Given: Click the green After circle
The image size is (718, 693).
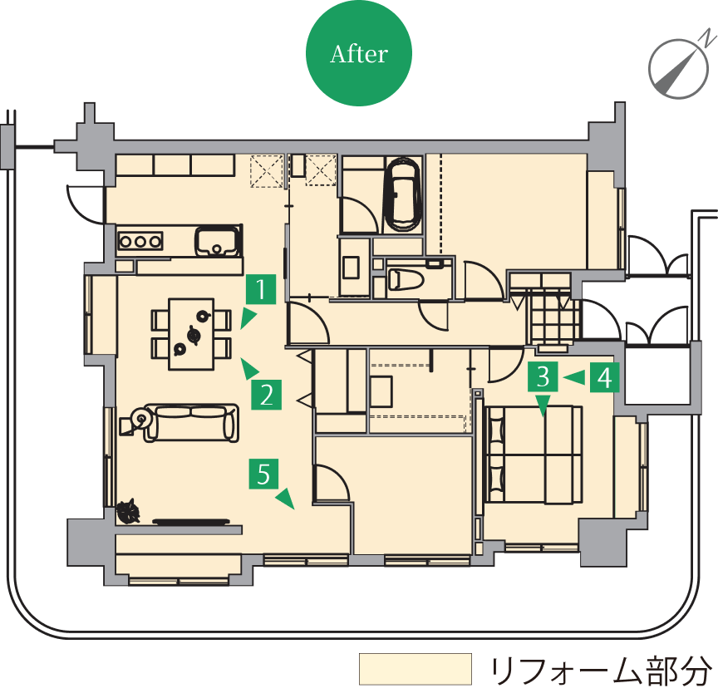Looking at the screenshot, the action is tap(359, 53).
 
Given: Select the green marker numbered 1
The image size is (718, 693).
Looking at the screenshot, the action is tap(261, 289).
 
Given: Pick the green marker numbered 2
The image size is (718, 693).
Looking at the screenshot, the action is tap(266, 395).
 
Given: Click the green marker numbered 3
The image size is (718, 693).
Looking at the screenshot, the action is tap(543, 376).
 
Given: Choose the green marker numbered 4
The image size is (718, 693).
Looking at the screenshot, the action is tap(604, 377).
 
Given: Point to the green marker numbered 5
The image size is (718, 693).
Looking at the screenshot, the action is tap(263, 474).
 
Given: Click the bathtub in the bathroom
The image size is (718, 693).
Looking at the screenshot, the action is tap(403, 194).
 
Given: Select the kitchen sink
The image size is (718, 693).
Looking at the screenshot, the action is tap(218, 241).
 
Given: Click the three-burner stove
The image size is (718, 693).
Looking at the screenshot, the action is tap(140, 241).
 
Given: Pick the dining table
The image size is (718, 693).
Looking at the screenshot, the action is tap(191, 334).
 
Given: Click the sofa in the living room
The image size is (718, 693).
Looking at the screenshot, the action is tap(191, 423).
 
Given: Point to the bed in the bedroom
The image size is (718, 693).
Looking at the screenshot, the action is tap(534, 454).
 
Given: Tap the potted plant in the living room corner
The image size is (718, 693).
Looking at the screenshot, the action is tap(128, 511).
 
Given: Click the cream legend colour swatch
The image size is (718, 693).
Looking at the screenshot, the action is tap(416, 669).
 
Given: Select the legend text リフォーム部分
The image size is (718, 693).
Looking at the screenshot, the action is tap(600, 671).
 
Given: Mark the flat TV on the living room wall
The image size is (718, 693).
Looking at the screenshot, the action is tap(191, 521).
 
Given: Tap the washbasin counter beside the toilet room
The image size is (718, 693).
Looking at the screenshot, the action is tap(353, 267).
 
